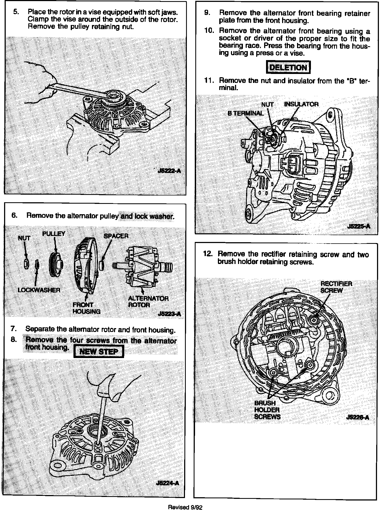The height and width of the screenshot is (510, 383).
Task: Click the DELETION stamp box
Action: click(288, 67)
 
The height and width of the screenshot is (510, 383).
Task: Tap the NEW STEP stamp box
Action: click(99, 352)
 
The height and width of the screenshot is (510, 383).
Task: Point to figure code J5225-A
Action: click(358, 226)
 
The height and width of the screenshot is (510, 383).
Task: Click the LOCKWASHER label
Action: click(39, 290)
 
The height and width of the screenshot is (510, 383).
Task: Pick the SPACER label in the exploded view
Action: click(116, 236)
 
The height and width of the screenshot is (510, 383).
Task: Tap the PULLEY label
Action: click(54, 234)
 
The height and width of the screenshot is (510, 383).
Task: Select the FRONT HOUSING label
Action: click(86, 308)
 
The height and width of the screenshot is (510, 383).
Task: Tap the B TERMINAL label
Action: click(245, 113)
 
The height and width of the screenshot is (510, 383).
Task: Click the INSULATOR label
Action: click(301, 104)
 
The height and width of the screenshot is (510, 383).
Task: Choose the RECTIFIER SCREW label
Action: click(336, 287)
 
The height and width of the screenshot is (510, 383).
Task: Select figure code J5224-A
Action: click(168, 483)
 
